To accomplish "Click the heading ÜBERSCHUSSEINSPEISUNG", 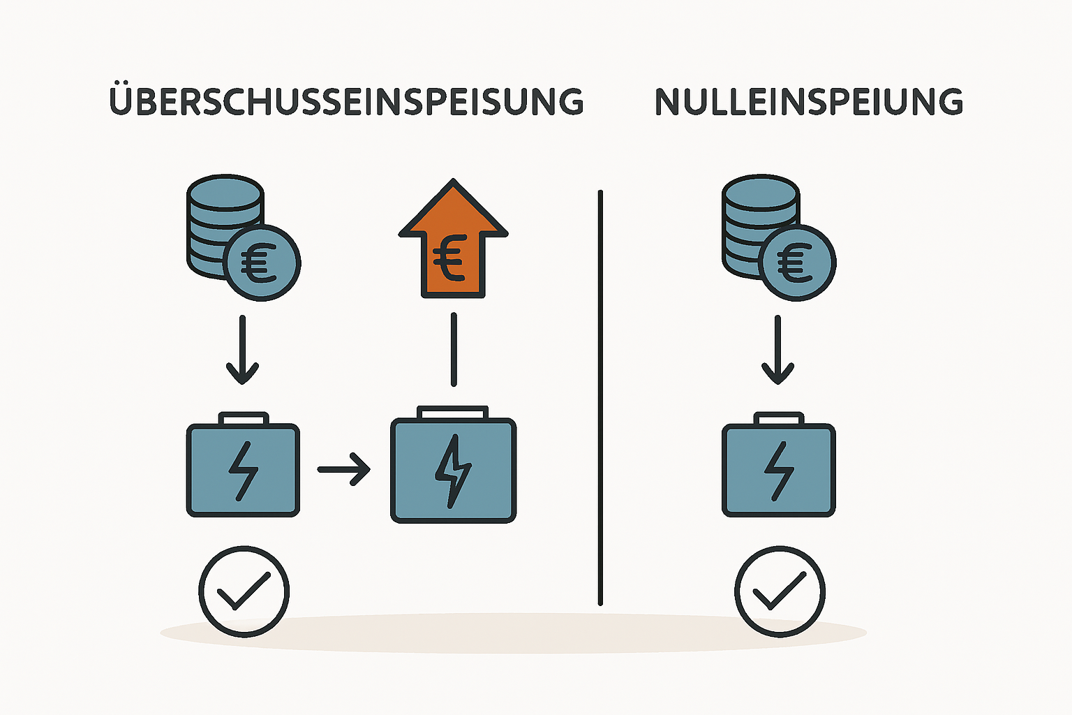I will click(x=346, y=102).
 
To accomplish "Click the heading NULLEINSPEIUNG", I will click(x=808, y=102).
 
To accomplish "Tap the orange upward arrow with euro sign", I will click(x=453, y=241).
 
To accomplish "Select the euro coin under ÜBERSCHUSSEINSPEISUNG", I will click(x=263, y=263).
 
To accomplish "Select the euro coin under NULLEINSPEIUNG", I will click(x=798, y=263).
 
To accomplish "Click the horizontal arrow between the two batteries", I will click(x=343, y=469).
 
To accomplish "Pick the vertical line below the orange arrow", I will click(x=454, y=349).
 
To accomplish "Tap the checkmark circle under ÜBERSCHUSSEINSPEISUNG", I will click(x=244, y=591).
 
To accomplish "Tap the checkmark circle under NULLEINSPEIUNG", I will click(x=780, y=591).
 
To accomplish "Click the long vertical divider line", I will click(x=600, y=398).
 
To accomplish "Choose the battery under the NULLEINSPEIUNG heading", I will click(x=778, y=469).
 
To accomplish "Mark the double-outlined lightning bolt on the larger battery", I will click(x=453, y=471).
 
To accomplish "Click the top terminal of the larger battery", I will click(x=453, y=412).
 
